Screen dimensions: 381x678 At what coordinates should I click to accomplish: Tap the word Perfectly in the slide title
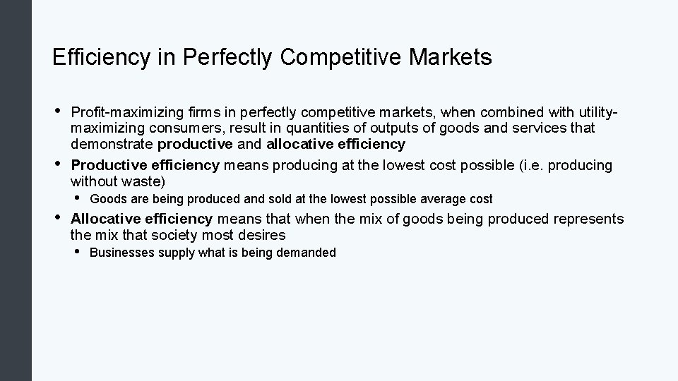[x=226, y=58]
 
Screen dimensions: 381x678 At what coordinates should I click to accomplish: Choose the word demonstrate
[x=112, y=145]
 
